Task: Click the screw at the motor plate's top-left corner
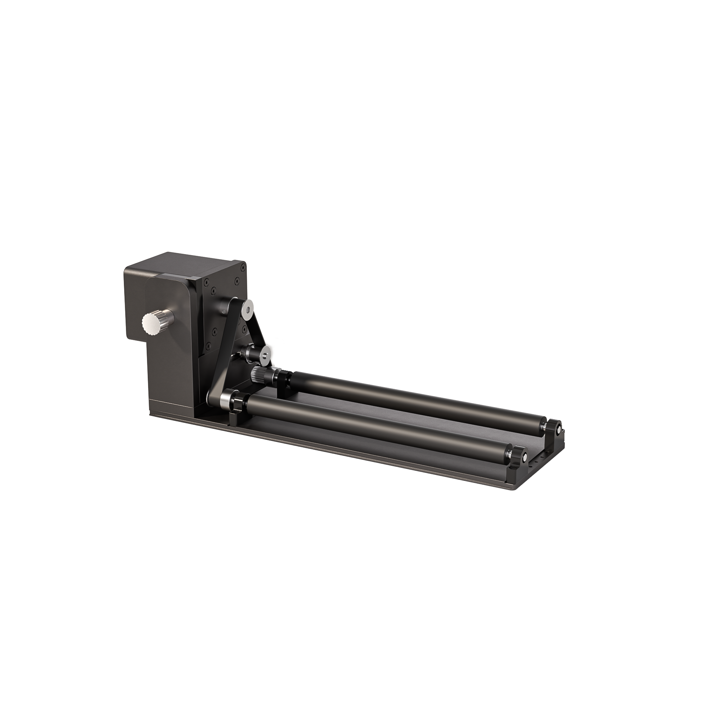click(x=206, y=282)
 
